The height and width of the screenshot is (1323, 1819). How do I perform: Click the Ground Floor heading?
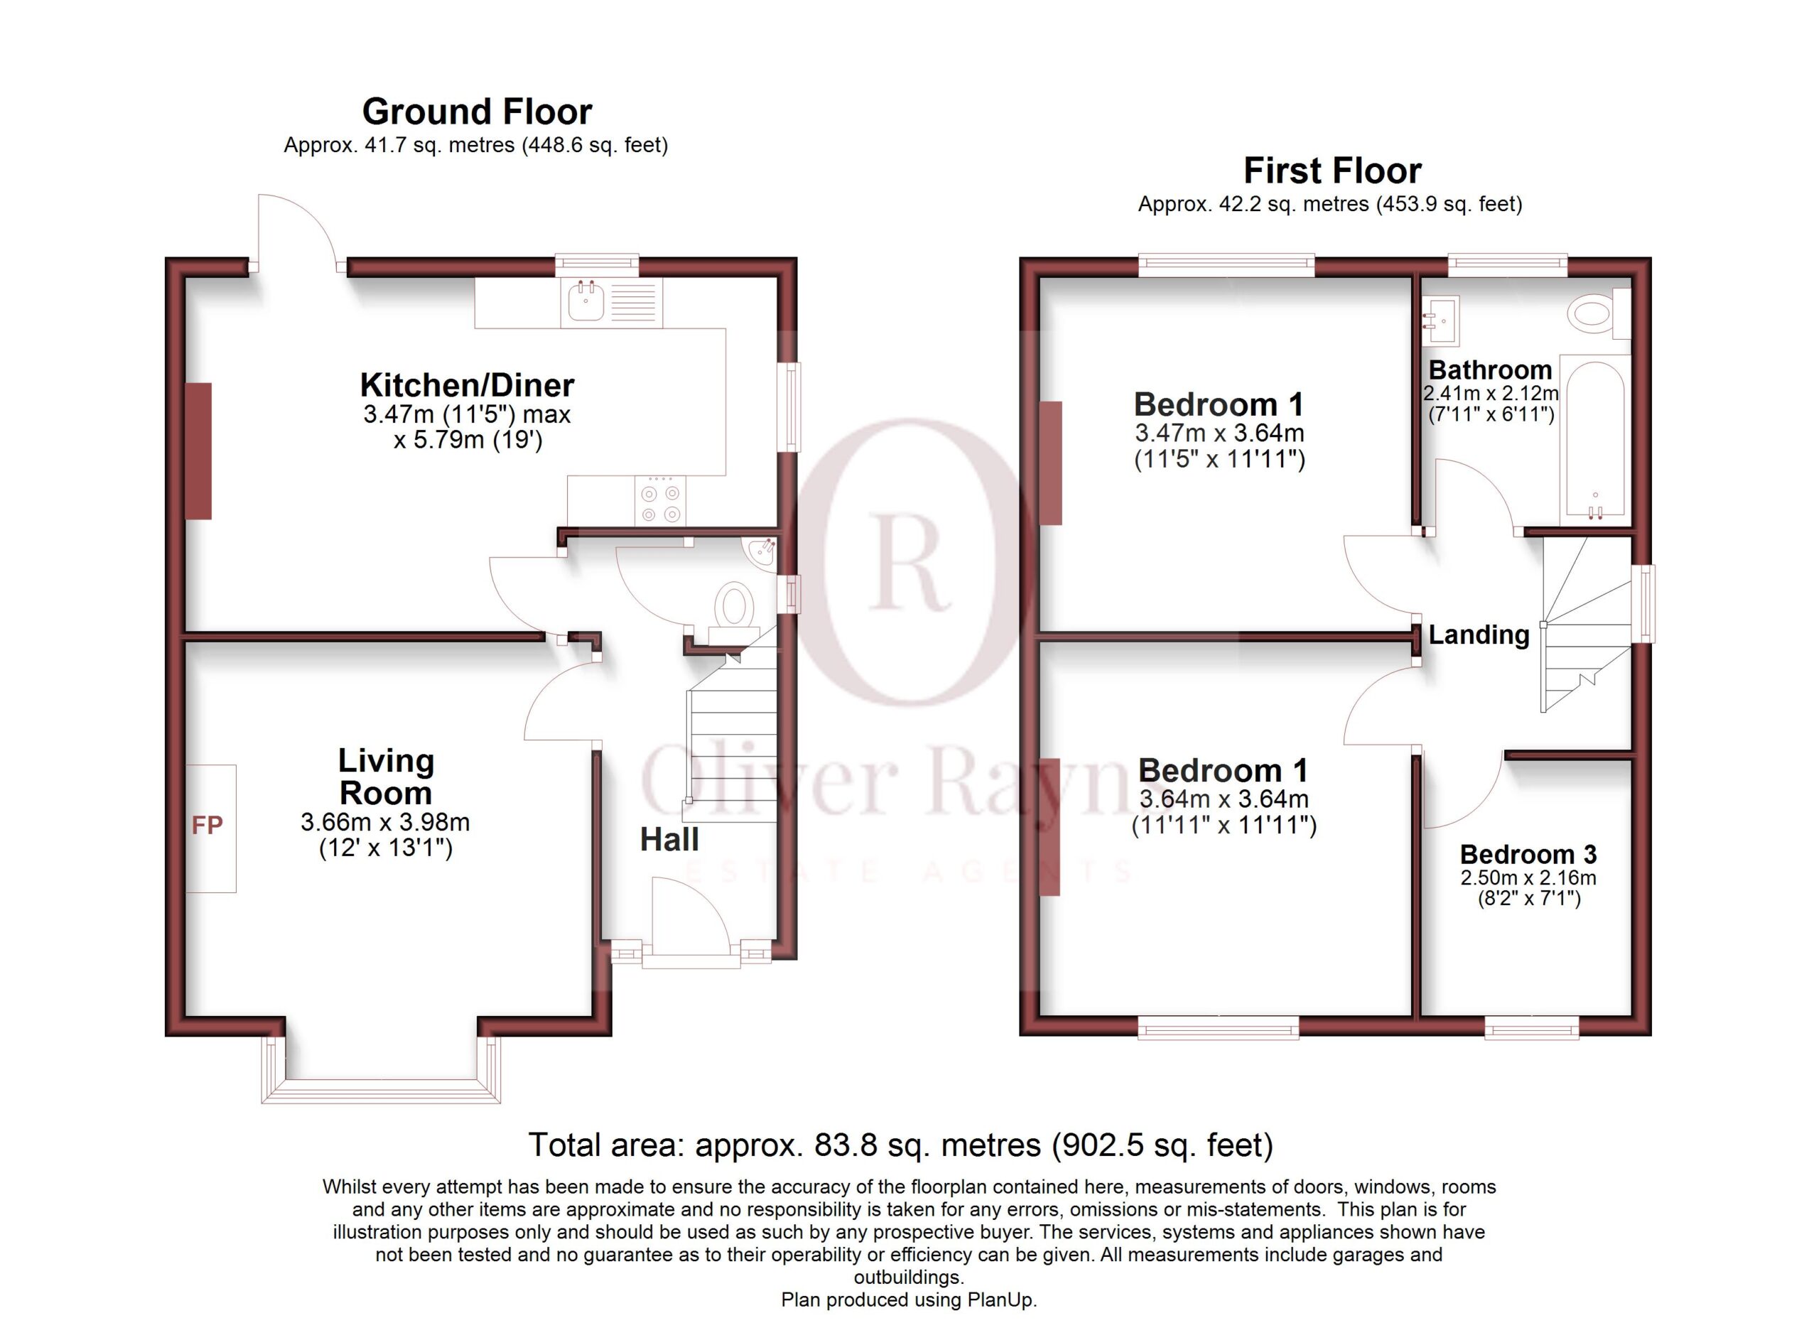pyautogui.click(x=477, y=112)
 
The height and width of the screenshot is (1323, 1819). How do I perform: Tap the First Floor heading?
pyautogui.click(x=1332, y=171)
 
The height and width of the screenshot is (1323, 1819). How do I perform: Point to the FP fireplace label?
pyautogui.click(x=207, y=825)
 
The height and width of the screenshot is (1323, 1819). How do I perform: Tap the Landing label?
pyautogui.click(x=1479, y=635)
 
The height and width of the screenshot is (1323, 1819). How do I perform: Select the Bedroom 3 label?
pyautogui.click(x=1528, y=854)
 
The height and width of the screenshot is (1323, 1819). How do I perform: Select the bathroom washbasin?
pyautogui.click(x=1440, y=319)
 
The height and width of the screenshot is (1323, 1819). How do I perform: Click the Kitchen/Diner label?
pyautogui.click(x=467, y=386)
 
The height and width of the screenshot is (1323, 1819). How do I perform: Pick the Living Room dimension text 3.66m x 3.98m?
pyautogui.click(x=385, y=822)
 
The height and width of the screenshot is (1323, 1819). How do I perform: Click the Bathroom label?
pyautogui.click(x=1490, y=369)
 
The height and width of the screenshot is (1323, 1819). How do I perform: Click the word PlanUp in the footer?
pyautogui.click(x=1001, y=1300)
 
